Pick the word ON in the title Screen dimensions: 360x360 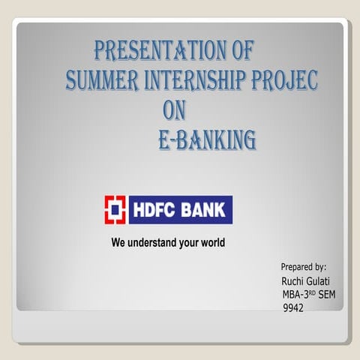click(x=174, y=109)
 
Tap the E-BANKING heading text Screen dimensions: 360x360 click(x=207, y=139)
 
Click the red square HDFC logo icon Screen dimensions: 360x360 click(x=115, y=209)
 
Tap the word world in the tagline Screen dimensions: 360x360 click(x=211, y=243)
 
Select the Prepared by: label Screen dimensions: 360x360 click(x=303, y=267)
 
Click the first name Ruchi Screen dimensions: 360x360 click(x=293, y=281)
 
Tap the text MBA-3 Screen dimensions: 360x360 click(x=297, y=295)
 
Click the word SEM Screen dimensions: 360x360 click(x=328, y=295)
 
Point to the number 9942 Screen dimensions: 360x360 click(x=293, y=308)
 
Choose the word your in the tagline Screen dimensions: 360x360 click(x=187, y=243)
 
